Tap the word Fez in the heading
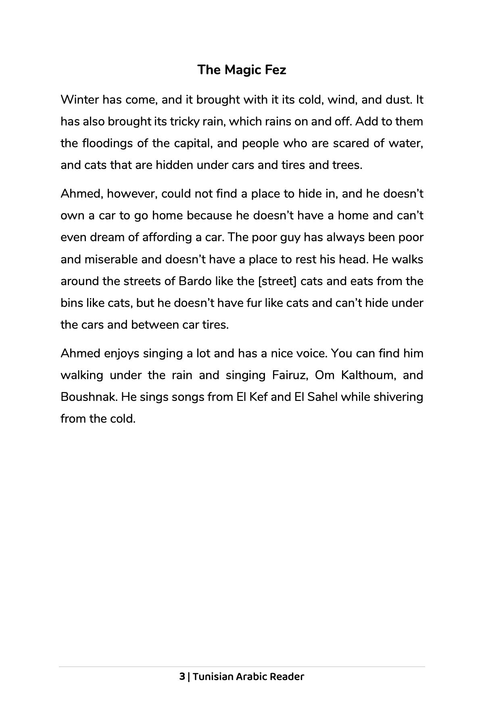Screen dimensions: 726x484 pos(275,70)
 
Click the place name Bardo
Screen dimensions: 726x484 pos(195,281)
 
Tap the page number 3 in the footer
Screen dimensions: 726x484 pos(182,676)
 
